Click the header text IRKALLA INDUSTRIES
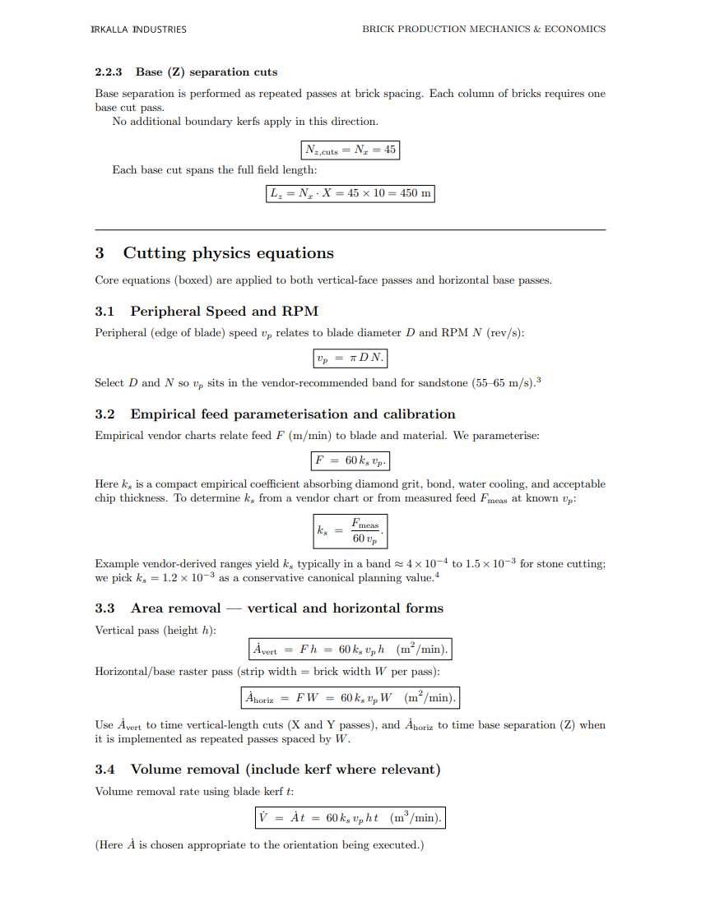coord(138,30)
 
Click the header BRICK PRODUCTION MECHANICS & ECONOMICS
coord(484,30)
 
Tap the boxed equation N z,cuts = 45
coord(350,150)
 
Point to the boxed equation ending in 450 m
coord(350,194)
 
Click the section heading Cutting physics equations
coord(228,253)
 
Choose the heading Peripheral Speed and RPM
coord(224,312)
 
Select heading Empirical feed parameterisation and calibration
coord(292,414)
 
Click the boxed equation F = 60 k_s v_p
coord(350,461)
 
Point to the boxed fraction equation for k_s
coord(350,530)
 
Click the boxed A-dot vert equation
coord(350,650)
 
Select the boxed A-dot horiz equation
coord(350,698)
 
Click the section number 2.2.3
coord(109,72)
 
